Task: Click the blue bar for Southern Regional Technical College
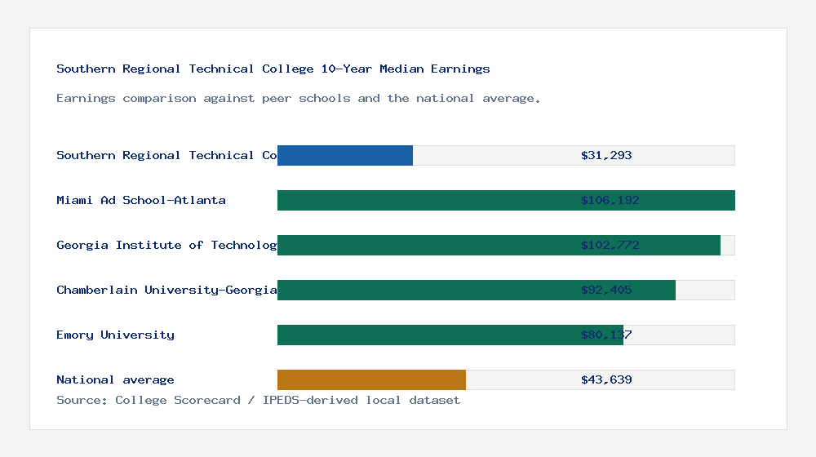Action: coord(345,155)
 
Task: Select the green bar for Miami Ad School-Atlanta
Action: coord(506,200)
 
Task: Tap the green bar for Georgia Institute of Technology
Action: coord(499,245)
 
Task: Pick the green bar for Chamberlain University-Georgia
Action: coord(477,290)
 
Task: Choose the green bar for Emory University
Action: coord(450,335)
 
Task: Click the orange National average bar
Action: coord(371,379)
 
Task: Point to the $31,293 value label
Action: coord(606,155)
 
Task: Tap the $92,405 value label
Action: coord(606,290)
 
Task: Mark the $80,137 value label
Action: coord(606,335)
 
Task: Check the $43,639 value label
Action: coord(606,379)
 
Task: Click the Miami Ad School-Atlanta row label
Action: coord(141,200)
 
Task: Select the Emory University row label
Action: coord(115,335)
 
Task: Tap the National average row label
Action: coord(115,379)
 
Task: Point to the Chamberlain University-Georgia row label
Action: coord(166,290)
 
